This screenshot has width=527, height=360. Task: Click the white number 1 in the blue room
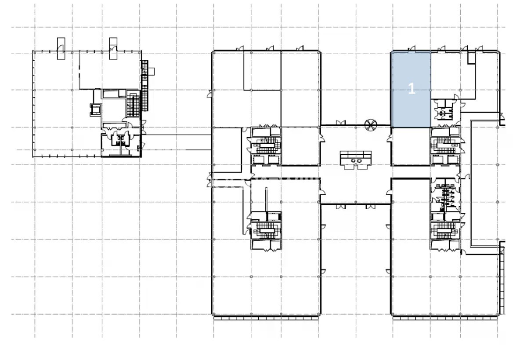pos(411,88)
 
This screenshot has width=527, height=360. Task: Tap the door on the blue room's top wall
pos(411,48)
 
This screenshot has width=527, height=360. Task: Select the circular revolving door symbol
pos(371,125)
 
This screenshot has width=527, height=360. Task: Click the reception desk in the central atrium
pos(356,160)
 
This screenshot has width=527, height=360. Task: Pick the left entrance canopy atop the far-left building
pos(61,48)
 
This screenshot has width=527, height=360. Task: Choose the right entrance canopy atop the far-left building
pos(113,48)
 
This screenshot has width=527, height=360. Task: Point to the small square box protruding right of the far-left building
pos(151,71)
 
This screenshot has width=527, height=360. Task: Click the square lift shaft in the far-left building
pos(96,110)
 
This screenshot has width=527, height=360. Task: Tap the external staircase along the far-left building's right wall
pos(145,86)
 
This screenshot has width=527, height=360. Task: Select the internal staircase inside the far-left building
pos(133,103)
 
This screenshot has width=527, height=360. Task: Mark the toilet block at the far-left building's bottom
pos(121,143)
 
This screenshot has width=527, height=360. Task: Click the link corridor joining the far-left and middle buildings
pos(177,142)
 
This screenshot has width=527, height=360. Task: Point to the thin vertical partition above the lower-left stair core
pos(266,200)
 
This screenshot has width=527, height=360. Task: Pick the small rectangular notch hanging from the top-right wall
pos(471,58)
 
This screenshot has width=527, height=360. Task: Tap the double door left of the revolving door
pos(341,123)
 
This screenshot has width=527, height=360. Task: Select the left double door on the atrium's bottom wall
pos(341,207)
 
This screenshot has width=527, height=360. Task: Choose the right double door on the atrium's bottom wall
pos(371,207)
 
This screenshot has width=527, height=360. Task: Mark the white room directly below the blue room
pos(411,146)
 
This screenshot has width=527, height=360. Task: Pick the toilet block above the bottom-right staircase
pos(445,197)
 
